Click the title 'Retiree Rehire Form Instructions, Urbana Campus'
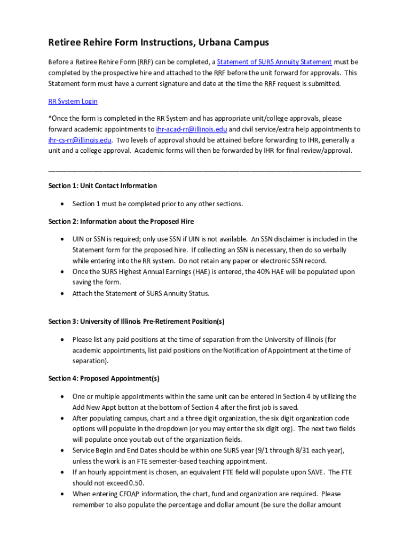pyautogui.click(x=151, y=42)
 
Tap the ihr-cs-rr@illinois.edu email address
pyautogui.click(x=80, y=140)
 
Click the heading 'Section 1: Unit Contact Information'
pyautogui.click(x=102, y=186)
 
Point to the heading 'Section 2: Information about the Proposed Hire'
pyautogui.click(x=121, y=221)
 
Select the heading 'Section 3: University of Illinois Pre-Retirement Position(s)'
pyautogui.click(x=136, y=321)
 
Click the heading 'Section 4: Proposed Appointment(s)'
pyautogui.click(x=104, y=378)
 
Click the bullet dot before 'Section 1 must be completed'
pyautogui.click(x=62, y=204)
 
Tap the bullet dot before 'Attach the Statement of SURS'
pyautogui.click(x=62, y=293)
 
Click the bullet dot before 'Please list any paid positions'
pyautogui.click(x=62, y=339)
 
